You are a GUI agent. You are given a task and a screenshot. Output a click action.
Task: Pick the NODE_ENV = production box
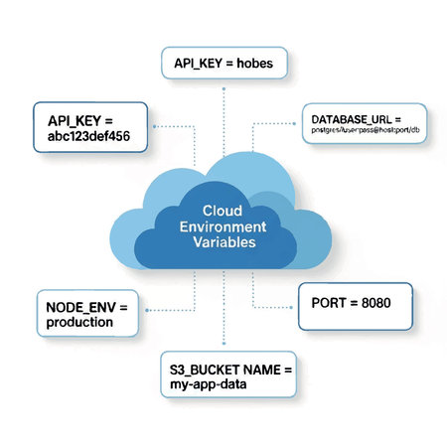pos(85,315)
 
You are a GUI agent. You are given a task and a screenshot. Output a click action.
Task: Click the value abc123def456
pos(94,139)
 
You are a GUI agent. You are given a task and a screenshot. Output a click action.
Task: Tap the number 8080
pos(374,306)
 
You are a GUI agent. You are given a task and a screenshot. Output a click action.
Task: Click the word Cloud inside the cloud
pos(222,212)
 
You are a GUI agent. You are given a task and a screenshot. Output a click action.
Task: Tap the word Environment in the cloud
pos(222,226)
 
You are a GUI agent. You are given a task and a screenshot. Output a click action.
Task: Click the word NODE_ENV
pos(78,306)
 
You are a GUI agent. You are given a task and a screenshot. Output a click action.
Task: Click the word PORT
pos(328,306)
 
